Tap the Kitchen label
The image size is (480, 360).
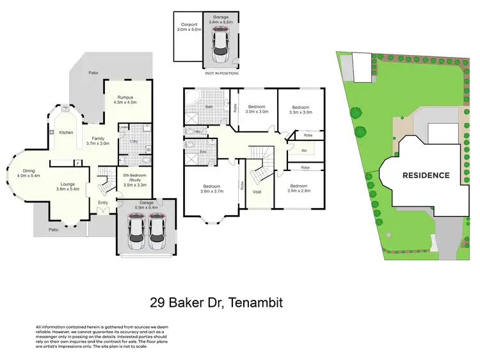coord(67,133)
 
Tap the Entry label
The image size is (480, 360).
coord(103,203)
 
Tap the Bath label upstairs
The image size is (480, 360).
coord(209,107)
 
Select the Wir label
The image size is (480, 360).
coord(304,151)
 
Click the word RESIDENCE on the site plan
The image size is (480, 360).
coord(426,175)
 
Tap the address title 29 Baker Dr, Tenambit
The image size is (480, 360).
coord(216,302)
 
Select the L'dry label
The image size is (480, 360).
coord(136,141)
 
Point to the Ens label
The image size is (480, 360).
coord(204,152)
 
